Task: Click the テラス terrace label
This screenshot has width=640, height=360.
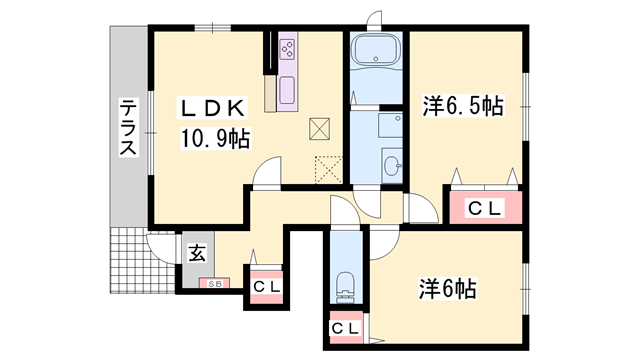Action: (x=128, y=127)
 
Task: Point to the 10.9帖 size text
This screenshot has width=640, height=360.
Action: (x=214, y=139)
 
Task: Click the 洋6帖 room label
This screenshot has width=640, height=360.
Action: (x=446, y=289)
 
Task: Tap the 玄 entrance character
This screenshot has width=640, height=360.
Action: (x=198, y=254)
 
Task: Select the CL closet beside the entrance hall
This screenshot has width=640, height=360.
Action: (x=265, y=286)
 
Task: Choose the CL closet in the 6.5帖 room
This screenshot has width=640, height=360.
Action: (x=485, y=209)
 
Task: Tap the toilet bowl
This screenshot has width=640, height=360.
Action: (x=346, y=285)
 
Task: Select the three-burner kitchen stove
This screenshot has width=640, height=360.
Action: (x=288, y=49)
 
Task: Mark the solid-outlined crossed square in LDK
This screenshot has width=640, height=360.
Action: (x=320, y=128)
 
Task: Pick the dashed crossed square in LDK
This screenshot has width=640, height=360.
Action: (x=328, y=169)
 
